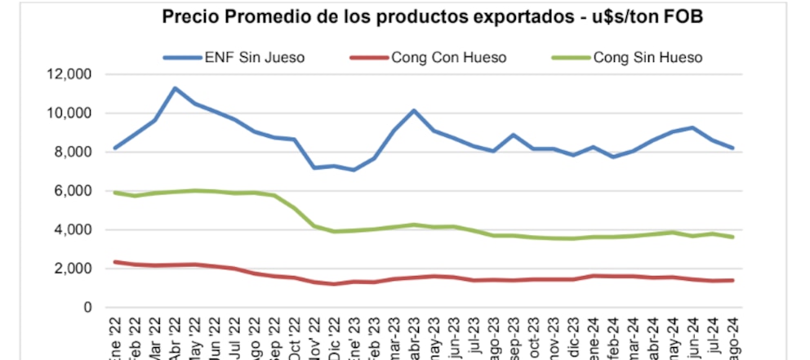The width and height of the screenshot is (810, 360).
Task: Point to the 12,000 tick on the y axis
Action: click(70, 74)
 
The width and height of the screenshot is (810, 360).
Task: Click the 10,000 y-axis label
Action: click(70, 113)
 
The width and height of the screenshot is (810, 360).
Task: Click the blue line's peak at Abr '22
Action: click(174, 88)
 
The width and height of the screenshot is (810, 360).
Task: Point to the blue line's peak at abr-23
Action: click(414, 110)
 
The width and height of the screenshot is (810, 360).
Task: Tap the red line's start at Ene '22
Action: click(114, 262)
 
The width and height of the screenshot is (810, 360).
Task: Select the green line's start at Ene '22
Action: click(114, 193)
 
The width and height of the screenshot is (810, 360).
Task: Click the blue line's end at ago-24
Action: click(733, 148)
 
